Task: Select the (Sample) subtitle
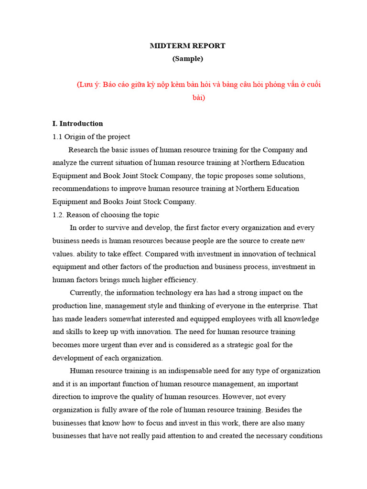(x=188, y=59)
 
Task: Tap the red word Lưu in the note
(x=86, y=85)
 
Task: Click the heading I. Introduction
(x=77, y=124)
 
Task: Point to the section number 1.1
(x=57, y=137)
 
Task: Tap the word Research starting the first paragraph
(x=84, y=150)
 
